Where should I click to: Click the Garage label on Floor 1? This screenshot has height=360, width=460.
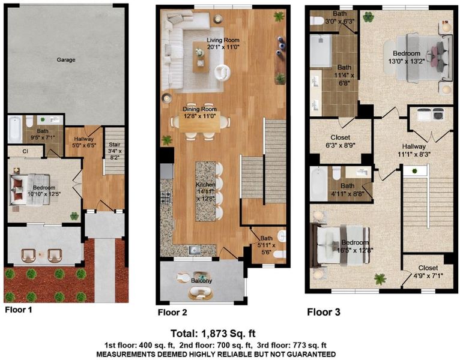(66, 60)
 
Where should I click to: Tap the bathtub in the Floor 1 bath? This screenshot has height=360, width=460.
(15, 129)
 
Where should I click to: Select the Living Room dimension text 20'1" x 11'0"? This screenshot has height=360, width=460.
(223, 47)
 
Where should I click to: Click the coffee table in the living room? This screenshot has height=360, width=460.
(201, 57)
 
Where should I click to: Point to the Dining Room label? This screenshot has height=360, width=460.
(199, 109)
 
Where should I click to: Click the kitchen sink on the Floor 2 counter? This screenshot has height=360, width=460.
(195, 250)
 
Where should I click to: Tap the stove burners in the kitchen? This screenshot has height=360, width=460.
(166, 197)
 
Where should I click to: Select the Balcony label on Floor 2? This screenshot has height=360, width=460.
(202, 281)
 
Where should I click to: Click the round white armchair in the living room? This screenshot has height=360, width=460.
(222, 72)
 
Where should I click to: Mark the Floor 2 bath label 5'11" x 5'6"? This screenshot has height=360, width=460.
(266, 245)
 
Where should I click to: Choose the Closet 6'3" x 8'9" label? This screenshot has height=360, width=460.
(340, 141)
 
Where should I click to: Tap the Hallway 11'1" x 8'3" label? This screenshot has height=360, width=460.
(414, 150)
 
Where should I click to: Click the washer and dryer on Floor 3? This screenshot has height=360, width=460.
(431, 114)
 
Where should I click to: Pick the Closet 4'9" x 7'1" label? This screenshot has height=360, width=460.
(428, 272)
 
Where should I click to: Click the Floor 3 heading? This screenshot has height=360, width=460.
(324, 312)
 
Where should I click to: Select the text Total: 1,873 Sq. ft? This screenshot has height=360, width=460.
(213, 334)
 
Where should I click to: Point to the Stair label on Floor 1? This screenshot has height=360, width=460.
(115, 151)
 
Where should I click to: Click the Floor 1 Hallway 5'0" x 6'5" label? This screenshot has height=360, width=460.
(84, 142)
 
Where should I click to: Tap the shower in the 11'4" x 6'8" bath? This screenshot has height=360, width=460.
(321, 51)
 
